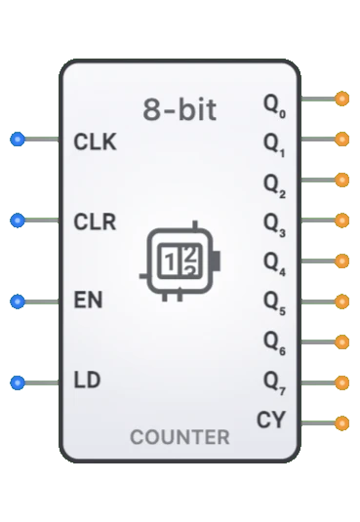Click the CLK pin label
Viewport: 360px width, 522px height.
coord(95,141)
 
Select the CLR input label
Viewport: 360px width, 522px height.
coord(95,221)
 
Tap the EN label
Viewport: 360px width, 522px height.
coord(89,301)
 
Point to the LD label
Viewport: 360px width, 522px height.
coord(87,380)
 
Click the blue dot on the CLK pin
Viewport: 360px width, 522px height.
coord(17,140)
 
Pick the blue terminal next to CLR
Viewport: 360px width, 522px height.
coord(17,221)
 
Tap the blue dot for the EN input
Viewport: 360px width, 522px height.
coord(17,301)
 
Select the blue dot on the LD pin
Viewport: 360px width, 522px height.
coord(17,381)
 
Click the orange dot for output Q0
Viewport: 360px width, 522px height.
coord(341,99)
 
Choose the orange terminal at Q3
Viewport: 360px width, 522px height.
coord(341,221)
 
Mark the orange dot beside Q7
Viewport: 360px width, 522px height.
coord(341,382)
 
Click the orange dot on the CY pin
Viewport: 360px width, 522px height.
coord(341,423)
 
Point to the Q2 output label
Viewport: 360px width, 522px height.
coord(274,183)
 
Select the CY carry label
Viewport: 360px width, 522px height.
coord(271,421)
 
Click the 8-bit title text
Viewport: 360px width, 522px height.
coord(180,109)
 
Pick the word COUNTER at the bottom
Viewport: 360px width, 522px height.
coord(180,437)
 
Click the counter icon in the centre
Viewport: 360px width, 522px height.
coord(181,260)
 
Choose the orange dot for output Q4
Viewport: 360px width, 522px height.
coord(341,261)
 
